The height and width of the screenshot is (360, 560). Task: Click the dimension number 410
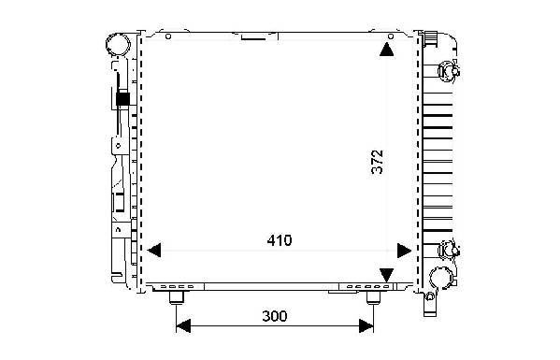280,240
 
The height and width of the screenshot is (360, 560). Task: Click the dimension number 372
377,162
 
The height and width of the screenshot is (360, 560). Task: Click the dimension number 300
274,316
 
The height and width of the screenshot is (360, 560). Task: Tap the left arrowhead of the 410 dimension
154,251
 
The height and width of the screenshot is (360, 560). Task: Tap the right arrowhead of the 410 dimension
404,251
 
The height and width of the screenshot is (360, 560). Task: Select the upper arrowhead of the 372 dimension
386,50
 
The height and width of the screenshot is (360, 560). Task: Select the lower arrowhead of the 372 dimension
386,275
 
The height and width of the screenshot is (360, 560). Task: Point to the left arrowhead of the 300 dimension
183,325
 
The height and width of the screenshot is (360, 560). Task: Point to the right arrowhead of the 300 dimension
366,325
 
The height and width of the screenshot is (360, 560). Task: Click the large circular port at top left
118,44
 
